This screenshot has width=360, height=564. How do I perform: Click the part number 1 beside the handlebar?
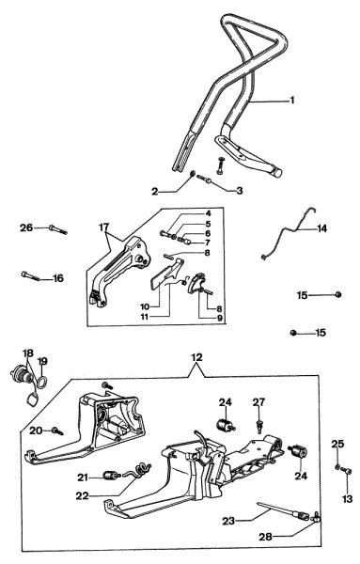(292, 100)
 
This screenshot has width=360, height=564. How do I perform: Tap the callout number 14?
(321, 228)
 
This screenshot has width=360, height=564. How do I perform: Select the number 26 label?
(26, 227)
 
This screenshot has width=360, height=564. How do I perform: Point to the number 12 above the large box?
(196, 357)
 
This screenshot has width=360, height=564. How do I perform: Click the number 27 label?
(258, 402)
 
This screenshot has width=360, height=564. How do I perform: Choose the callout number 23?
(228, 521)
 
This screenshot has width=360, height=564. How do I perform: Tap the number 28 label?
(265, 537)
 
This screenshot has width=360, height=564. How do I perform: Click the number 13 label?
(348, 499)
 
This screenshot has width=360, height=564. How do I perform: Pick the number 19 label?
(42, 361)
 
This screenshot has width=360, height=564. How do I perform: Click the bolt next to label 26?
(58, 229)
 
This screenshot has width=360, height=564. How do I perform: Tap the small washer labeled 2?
(192, 175)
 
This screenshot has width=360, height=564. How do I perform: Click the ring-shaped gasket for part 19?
(41, 382)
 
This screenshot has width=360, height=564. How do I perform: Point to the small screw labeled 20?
(57, 431)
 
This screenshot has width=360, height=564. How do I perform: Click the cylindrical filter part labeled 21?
(111, 475)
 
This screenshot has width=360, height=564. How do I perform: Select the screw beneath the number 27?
(258, 426)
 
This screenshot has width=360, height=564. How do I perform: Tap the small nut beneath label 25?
(337, 467)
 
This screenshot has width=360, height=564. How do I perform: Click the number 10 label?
(145, 306)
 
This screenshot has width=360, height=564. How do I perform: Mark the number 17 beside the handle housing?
(103, 227)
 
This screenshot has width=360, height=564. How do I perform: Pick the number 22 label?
(83, 495)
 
